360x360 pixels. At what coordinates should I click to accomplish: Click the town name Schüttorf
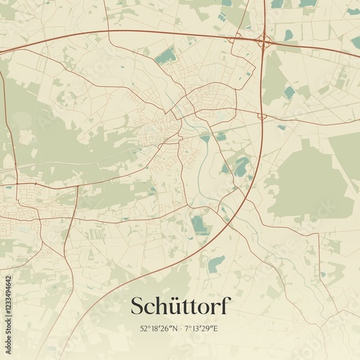point(180,306)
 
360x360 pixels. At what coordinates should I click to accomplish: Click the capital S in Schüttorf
point(138,306)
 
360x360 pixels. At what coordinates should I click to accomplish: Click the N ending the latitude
point(175,329)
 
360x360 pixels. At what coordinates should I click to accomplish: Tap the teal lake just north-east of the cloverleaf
point(289,35)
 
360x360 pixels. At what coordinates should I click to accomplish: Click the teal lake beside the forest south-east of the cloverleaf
point(289,93)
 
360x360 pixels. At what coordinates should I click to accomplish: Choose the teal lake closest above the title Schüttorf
point(215,264)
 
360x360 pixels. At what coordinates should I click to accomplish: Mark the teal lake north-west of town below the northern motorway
point(166,55)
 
